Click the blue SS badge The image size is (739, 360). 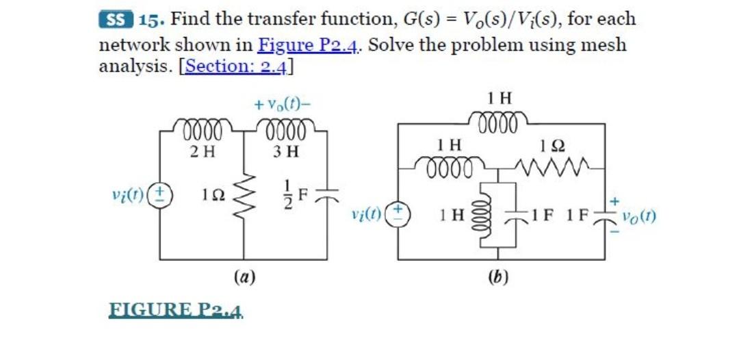(117, 19)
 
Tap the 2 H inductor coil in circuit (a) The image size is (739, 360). (201, 129)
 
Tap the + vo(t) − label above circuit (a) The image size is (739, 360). (283, 105)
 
